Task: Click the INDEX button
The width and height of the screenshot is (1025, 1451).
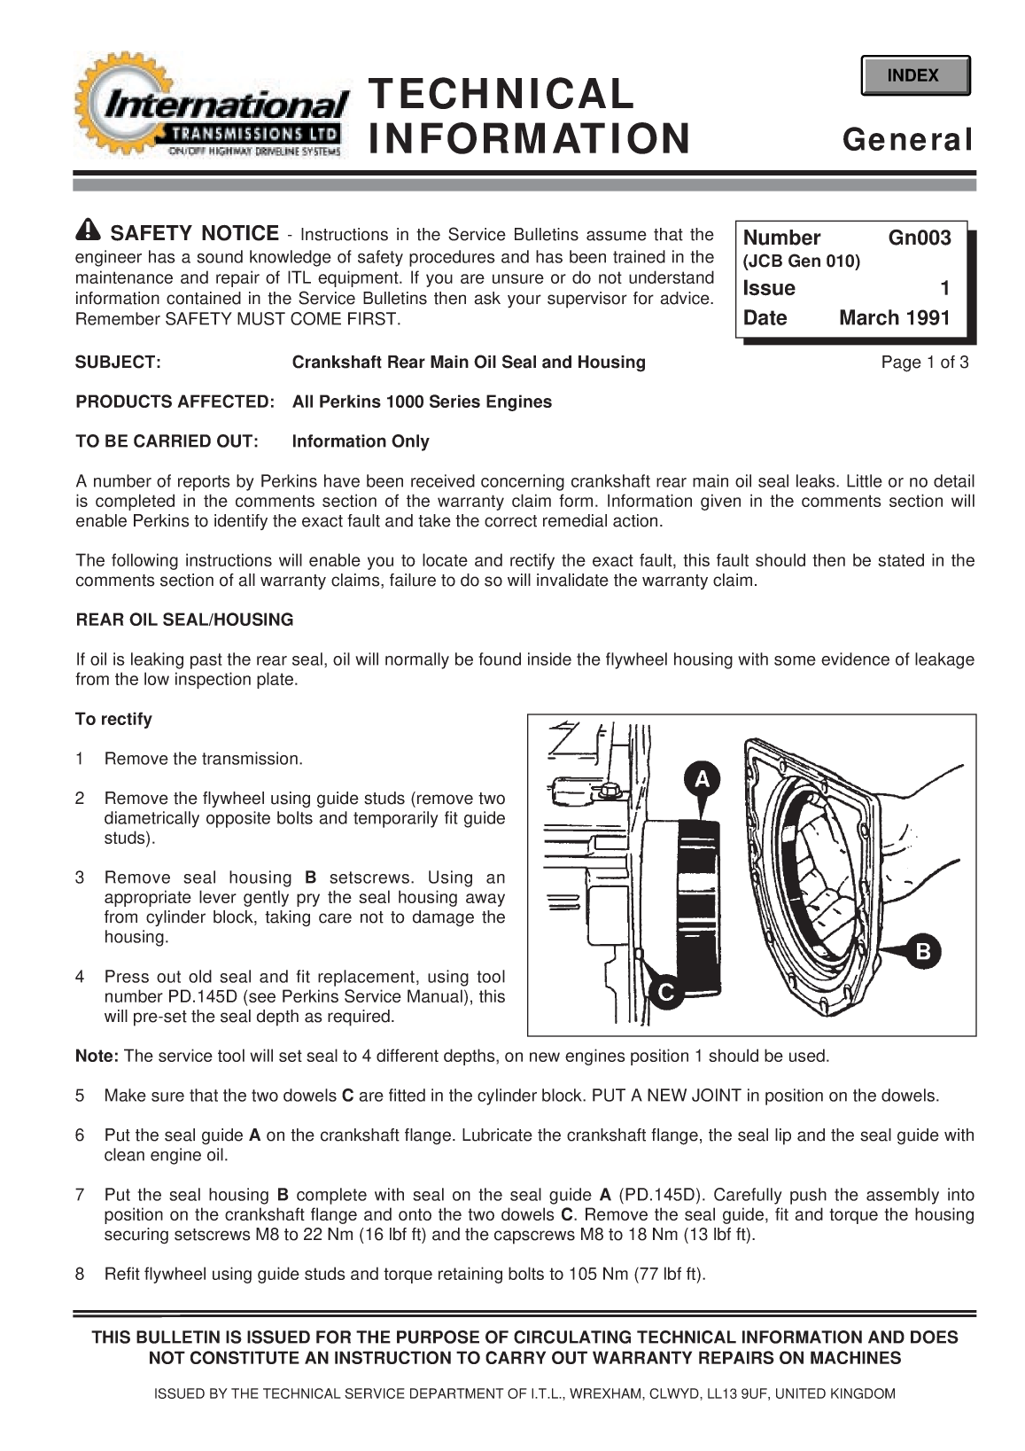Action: (914, 76)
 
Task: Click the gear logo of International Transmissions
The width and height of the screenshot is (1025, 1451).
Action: (111, 102)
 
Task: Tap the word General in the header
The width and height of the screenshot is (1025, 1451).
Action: (908, 140)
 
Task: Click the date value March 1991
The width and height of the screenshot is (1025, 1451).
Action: (894, 317)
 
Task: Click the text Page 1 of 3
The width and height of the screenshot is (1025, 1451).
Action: (924, 362)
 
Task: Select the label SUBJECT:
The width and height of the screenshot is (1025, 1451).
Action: (118, 362)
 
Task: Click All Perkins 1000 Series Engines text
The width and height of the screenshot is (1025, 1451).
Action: (422, 402)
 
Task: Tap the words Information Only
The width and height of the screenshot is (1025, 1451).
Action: (361, 441)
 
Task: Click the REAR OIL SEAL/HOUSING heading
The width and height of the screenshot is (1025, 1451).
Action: (184, 620)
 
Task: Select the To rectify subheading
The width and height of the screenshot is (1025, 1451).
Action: (113, 719)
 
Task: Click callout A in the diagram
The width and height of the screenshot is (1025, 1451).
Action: (702, 779)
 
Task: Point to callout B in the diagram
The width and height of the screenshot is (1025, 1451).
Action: (922, 952)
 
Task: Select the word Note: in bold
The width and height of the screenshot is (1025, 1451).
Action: (97, 1056)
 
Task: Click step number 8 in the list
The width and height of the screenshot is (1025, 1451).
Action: (81, 1275)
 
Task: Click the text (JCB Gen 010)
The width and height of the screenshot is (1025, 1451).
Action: (802, 261)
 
